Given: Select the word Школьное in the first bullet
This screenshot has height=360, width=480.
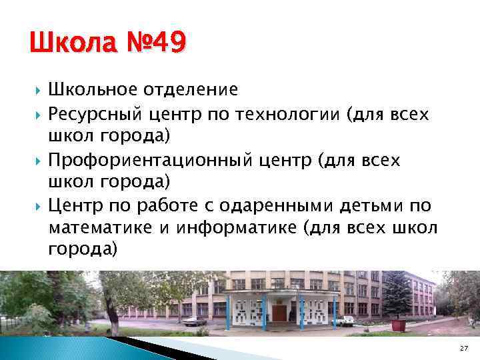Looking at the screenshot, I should (90, 89).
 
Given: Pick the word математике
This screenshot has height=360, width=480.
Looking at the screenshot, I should (99, 229).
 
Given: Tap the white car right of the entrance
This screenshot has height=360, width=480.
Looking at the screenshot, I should (344, 321).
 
